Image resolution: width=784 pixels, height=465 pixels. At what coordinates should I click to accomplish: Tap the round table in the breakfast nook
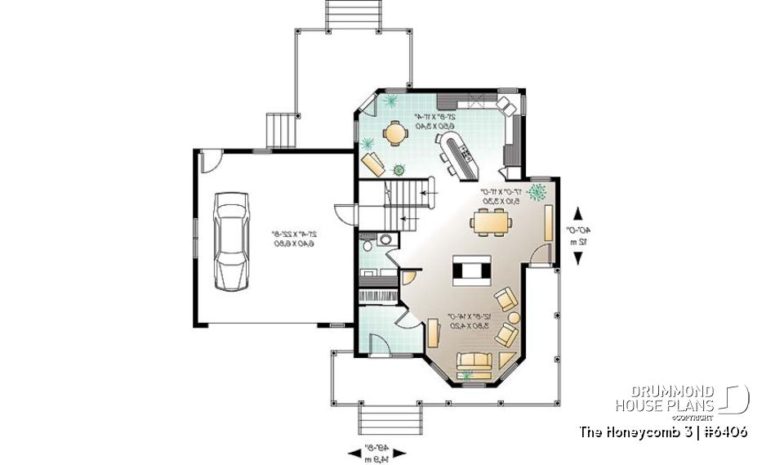click(394, 132)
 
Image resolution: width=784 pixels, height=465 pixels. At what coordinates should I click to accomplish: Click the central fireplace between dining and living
click(473, 269)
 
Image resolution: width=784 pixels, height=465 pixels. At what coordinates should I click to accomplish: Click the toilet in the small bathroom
click(369, 243)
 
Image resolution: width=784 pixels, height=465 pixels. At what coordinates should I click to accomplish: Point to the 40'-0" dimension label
click(581, 235)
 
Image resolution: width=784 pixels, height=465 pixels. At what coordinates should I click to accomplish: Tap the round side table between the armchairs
click(514, 317)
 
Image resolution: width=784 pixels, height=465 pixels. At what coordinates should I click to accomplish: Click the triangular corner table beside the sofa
click(506, 360)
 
